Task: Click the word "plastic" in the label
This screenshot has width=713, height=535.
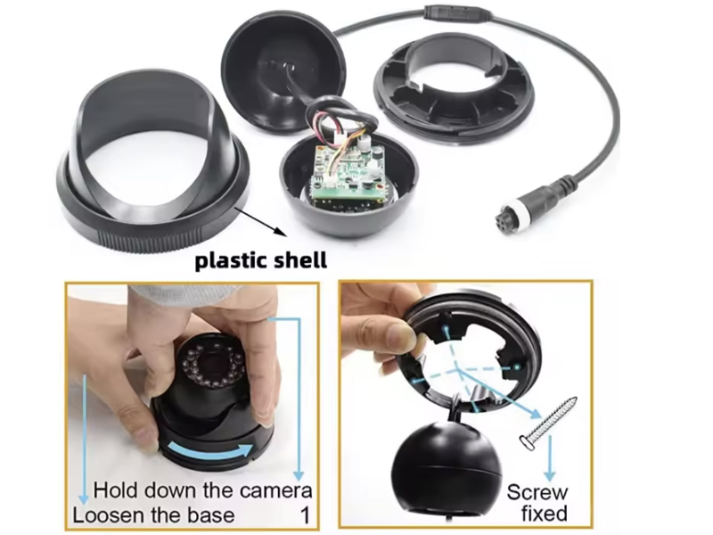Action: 231,261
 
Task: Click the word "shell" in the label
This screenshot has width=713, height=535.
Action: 300,259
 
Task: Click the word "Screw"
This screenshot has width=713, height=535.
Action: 537,492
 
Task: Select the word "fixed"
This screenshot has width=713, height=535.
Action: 545,514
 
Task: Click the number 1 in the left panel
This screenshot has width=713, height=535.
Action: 305,515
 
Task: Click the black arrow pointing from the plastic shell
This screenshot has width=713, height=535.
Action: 261,221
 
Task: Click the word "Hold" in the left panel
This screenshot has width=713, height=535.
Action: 114,491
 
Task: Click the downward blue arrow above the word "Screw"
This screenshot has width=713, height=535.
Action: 550,457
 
